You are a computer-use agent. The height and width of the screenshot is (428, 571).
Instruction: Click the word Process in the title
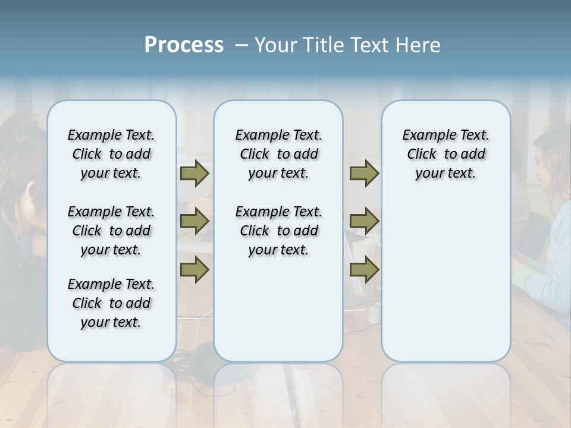click(x=184, y=45)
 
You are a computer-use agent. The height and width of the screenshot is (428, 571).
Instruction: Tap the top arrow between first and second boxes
click(x=194, y=174)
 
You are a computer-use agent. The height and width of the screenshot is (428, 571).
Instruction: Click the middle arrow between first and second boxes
click(x=194, y=221)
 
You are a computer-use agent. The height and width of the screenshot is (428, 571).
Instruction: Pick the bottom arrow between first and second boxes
click(x=194, y=269)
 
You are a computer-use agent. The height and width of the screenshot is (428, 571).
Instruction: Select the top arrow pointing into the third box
click(x=364, y=174)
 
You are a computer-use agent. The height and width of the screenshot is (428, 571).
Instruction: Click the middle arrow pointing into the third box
click(x=364, y=221)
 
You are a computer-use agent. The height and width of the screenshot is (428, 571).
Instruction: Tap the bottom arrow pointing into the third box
click(x=364, y=269)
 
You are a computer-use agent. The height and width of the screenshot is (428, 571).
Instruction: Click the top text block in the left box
click(x=111, y=154)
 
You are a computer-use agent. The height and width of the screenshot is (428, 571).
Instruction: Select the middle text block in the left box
click(x=111, y=231)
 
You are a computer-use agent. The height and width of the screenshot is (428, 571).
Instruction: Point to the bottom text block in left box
click(x=111, y=303)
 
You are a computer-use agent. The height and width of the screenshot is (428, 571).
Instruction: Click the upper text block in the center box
click(x=278, y=154)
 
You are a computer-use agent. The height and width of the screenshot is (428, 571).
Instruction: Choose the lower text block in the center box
click(x=278, y=231)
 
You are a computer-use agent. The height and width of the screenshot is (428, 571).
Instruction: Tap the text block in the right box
click(x=445, y=154)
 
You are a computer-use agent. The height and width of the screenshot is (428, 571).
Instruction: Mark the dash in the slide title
click(x=241, y=46)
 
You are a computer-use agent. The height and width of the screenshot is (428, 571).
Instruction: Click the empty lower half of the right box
click(x=445, y=285)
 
